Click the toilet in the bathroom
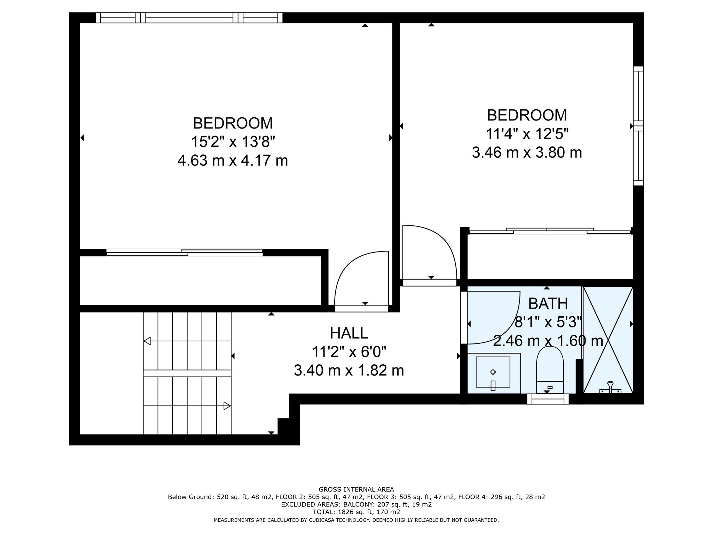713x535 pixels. click(x=550, y=370)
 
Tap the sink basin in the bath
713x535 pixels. click(x=493, y=372)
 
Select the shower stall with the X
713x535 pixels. click(x=608, y=340)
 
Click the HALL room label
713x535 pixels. click(x=349, y=333)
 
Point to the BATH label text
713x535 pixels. click(x=548, y=304)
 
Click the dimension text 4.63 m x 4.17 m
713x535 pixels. click(x=233, y=161)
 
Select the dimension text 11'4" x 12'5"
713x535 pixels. click(x=527, y=134)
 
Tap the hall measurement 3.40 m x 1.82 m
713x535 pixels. click(x=349, y=370)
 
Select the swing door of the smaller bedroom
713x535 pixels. click(x=430, y=255)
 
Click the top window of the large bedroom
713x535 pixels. click(x=189, y=18)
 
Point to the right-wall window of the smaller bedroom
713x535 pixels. click(x=638, y=126)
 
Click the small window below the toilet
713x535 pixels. click(x=548, y=399)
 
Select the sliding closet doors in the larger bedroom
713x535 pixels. click(x=185, y=253)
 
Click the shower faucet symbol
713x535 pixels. click(x=610, y=388)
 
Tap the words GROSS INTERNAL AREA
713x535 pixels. click(x=356, y=489)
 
